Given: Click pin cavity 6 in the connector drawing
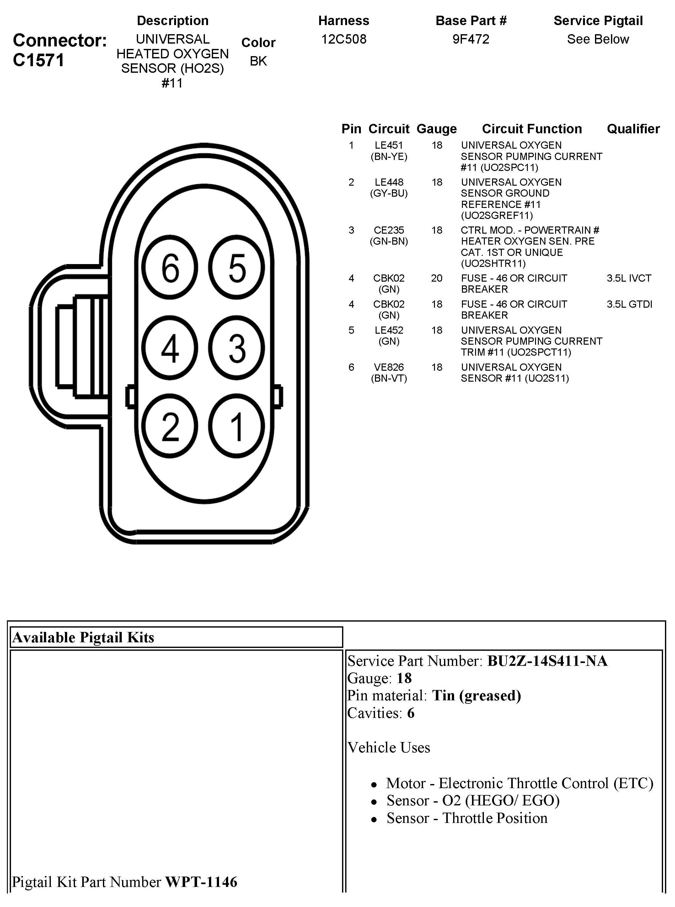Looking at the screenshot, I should [170, 268].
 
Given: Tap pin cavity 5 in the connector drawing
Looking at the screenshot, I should [237, 268].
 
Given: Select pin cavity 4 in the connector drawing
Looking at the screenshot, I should [170, 348].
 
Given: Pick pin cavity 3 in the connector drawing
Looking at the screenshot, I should [237, 348].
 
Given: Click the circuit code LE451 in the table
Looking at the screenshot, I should [388, 146].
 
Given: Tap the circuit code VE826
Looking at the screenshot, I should [388, 367].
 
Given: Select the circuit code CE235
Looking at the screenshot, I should [388, 230].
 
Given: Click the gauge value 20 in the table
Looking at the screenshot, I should [437, 278].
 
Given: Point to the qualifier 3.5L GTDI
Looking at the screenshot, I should [629, 304].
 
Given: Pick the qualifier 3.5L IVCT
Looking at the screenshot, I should [629, 278].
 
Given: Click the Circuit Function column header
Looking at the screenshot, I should [532, 129].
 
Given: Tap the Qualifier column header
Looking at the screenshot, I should [633, 129].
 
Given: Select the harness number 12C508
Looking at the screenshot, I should [344, 39].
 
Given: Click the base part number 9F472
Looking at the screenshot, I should [471, 39].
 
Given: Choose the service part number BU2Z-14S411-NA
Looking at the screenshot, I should [547, 661].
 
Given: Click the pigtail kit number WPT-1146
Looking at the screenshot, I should [201, 882].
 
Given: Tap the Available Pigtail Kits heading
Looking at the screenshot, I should [83, 638].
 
